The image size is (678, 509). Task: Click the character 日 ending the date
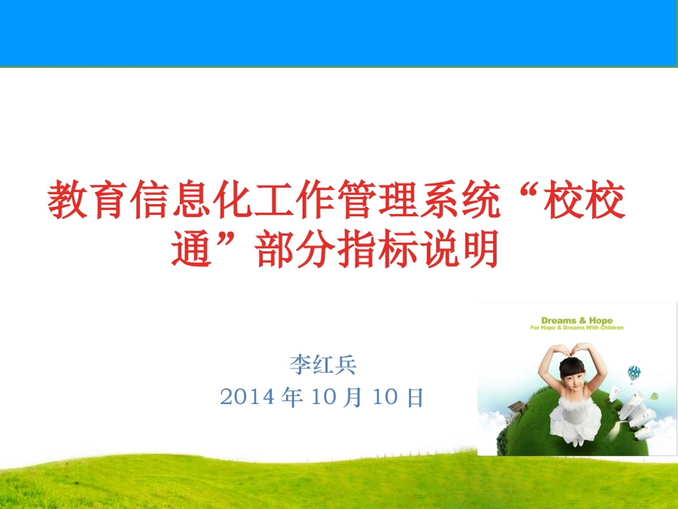(415, 397)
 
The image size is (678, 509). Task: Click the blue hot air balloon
(634, 373)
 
